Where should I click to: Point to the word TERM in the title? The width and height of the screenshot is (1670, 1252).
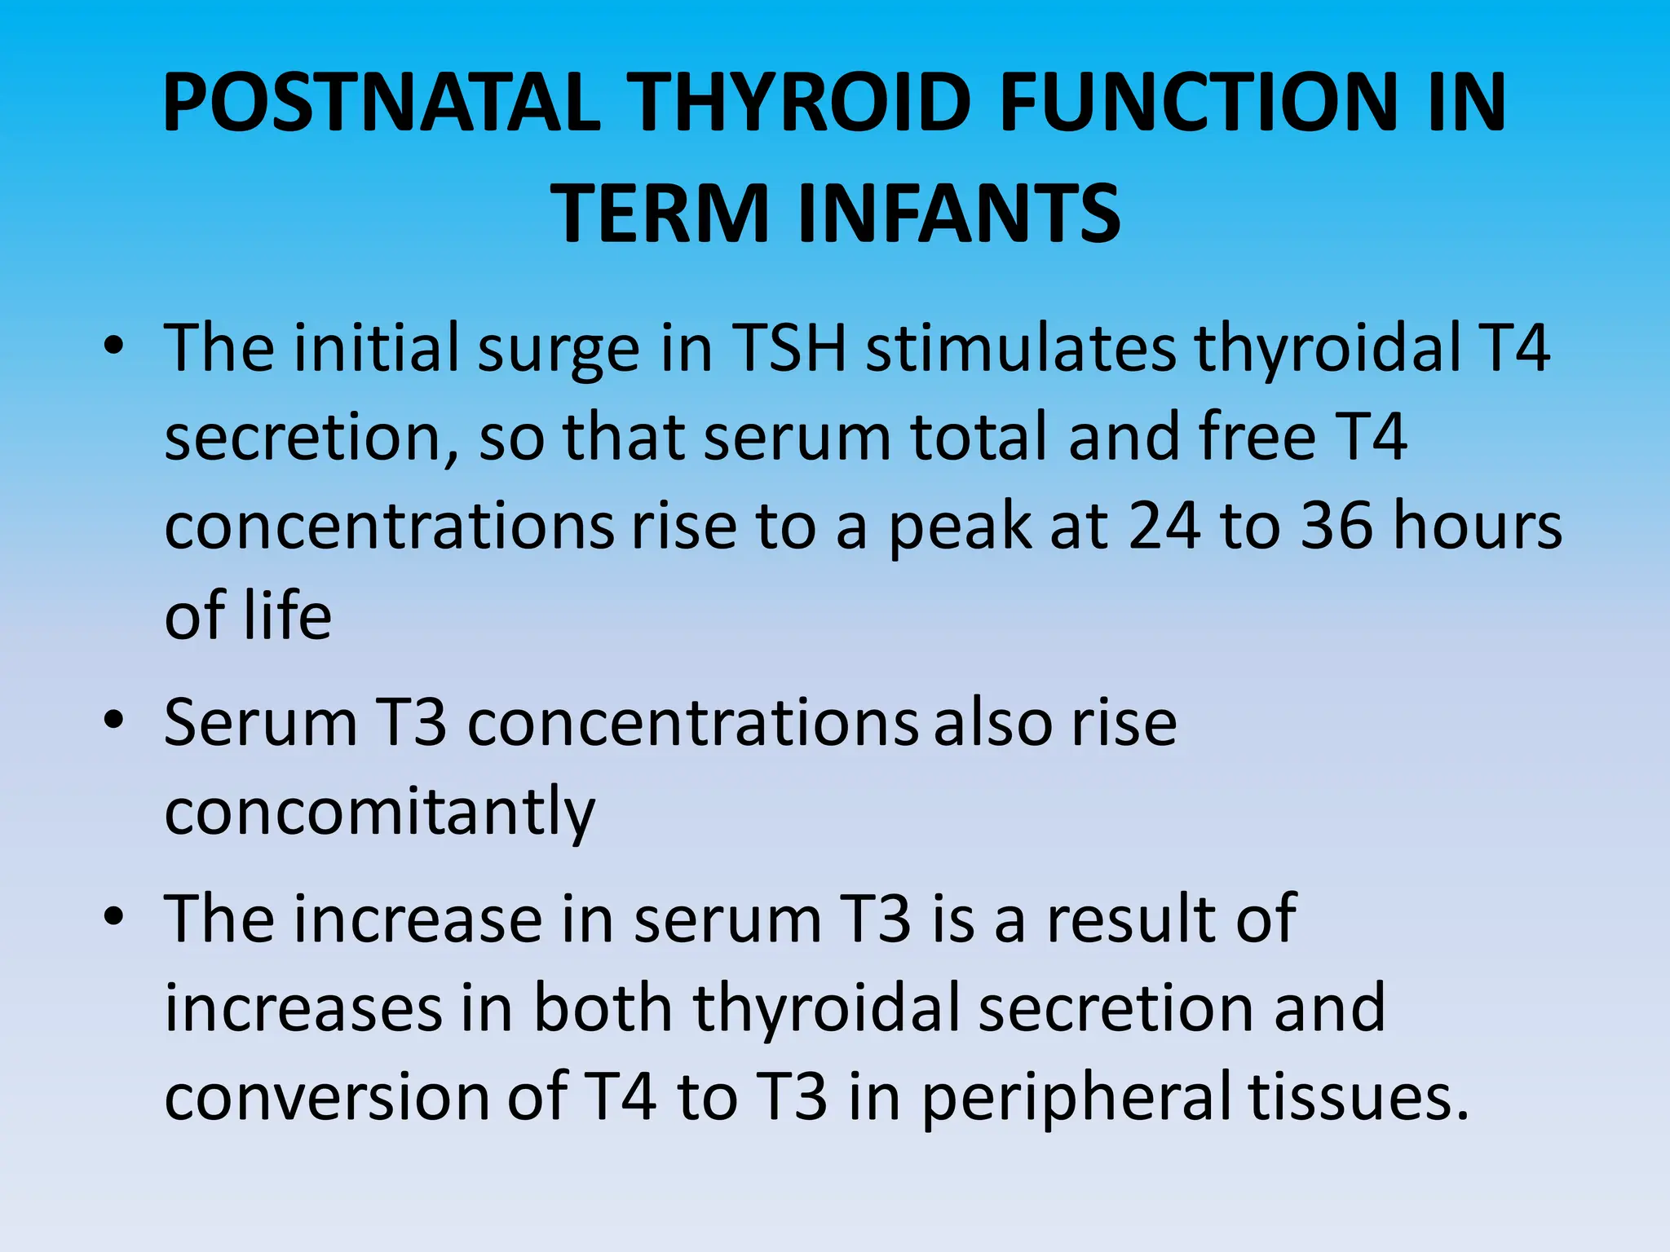point(660,214)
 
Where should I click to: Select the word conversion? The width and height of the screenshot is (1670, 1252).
point(325,1096)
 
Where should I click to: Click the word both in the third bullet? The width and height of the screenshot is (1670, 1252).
point(602,1008)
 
